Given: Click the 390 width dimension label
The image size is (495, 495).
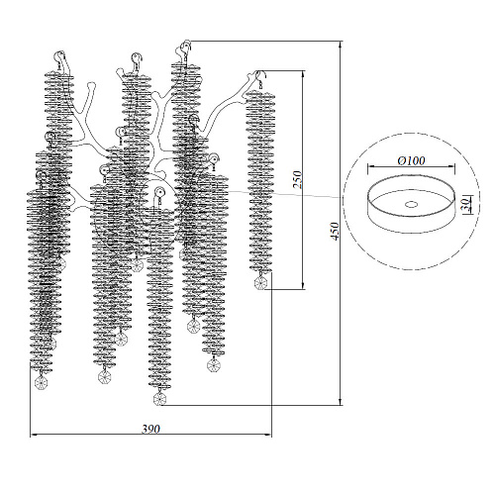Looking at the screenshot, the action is click(x=150, y=429).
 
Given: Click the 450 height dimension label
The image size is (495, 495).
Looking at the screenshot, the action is click(x=335, y=232).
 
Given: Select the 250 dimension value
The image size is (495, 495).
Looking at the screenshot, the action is click(x=297, y=179).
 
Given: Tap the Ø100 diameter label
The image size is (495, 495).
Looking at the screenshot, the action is click(x=411, y=160).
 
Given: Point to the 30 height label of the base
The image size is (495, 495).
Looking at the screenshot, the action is click(x=464, y=205).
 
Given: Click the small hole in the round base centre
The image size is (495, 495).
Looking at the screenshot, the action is click(x=411, y=205).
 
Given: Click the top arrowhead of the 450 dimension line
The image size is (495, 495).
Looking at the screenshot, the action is click(x=340, y=46).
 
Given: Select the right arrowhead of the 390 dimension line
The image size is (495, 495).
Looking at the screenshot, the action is click(x=267, y=436).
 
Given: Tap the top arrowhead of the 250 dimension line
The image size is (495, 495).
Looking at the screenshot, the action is click(x=303, y=75).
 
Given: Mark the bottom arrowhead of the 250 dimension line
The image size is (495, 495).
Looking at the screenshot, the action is click(x=303, y=284).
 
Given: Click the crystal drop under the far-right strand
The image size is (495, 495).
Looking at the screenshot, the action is click(x=260, y=283).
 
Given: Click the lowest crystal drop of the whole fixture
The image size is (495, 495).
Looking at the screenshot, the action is click(x=159, y=399).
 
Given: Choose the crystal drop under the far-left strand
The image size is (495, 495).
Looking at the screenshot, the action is click(x=42, y=383).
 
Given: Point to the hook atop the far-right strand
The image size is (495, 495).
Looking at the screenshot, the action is click(x=261, y=76).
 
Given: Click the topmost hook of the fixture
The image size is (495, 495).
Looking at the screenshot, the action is click(x=187, y=47).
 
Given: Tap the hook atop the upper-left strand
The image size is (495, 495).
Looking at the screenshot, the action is click(x=61, y=56).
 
